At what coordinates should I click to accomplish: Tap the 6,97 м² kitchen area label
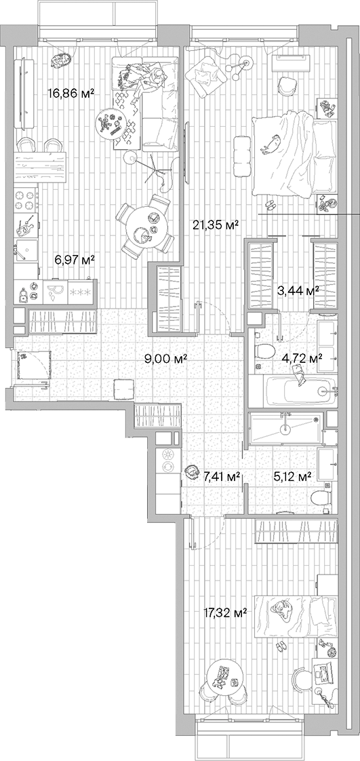74,259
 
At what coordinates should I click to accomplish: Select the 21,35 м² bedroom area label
218,226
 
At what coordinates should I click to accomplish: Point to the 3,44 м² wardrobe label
298,290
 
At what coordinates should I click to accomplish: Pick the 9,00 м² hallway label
166,359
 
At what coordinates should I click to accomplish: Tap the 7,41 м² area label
222,477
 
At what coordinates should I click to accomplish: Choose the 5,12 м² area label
292,476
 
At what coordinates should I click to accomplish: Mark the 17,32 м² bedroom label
225,612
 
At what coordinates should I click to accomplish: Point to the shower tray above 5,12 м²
285,429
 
